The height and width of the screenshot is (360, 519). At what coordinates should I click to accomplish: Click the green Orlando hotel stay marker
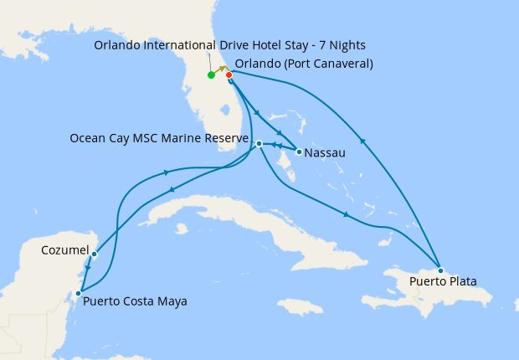(211, 75)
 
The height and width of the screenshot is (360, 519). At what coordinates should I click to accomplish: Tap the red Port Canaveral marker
(229, 75)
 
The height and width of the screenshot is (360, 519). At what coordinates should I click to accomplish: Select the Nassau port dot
(299, 152)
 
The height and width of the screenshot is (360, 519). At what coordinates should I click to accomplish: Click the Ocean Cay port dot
(259, 144)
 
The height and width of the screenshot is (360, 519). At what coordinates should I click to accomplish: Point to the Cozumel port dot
(95, 254)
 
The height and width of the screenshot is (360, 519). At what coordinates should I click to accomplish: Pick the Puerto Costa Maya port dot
(78, 293)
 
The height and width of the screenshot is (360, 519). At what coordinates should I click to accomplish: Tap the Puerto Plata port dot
(440, 270)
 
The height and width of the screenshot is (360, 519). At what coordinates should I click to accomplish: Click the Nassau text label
(326, 153)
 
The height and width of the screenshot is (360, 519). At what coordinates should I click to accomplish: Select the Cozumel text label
(64, 250)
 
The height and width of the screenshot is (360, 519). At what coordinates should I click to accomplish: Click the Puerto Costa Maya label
(135, 301)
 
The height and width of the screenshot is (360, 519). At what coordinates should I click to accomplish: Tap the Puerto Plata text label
(443, 282)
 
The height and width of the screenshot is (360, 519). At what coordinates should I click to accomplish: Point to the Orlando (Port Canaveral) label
(304, 64)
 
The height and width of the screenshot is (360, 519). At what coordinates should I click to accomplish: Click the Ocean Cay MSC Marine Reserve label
(159, 138)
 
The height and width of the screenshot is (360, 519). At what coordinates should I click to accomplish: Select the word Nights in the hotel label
(343, 44)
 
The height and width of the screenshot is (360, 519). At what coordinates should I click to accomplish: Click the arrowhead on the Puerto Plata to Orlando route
(362, 140)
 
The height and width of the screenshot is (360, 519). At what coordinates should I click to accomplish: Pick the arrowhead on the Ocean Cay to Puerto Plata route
(346, 216)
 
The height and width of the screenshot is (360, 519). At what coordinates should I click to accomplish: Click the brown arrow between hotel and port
(221, 69)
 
